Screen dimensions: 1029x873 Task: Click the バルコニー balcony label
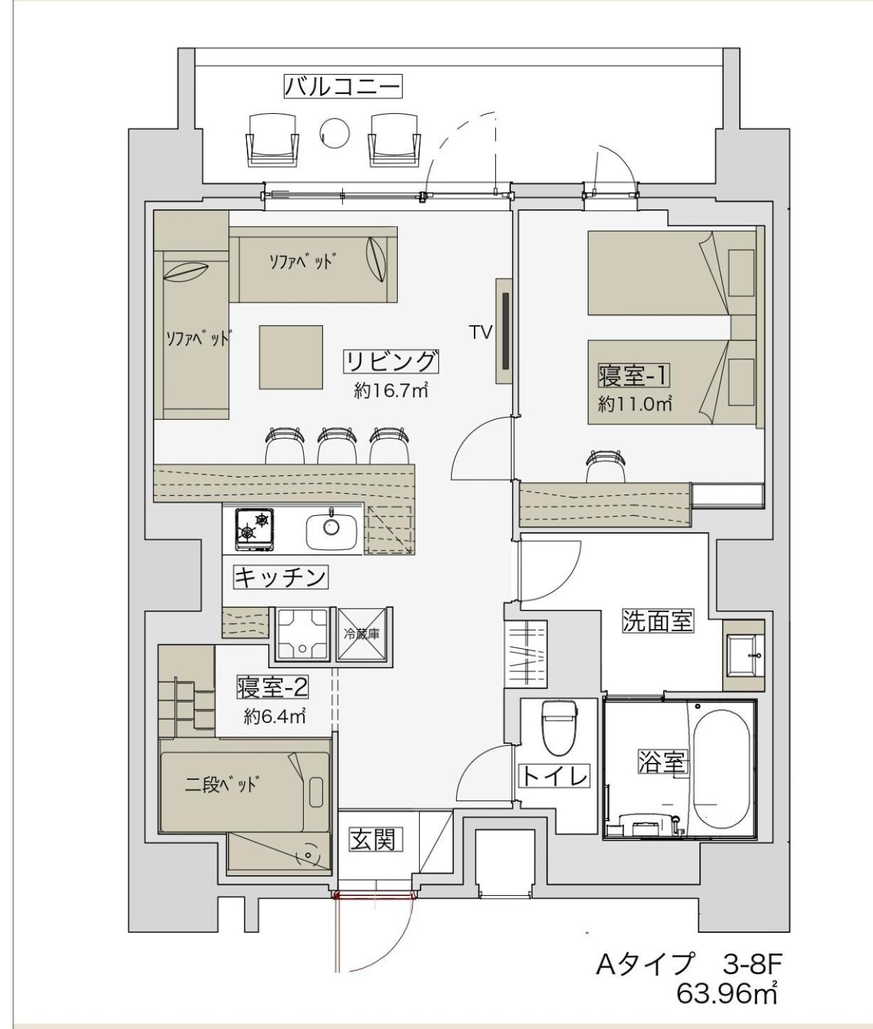343,87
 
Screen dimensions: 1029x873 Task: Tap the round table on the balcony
334,131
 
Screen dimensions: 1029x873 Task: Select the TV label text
481,332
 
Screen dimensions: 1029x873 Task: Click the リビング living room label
391,362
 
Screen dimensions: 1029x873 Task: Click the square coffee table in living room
290,357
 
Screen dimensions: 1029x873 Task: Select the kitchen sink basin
332,527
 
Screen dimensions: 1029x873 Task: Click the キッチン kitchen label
281,576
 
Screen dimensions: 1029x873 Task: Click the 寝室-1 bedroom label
635,375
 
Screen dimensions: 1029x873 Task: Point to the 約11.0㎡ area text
635,404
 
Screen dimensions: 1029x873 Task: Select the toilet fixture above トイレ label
558,727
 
